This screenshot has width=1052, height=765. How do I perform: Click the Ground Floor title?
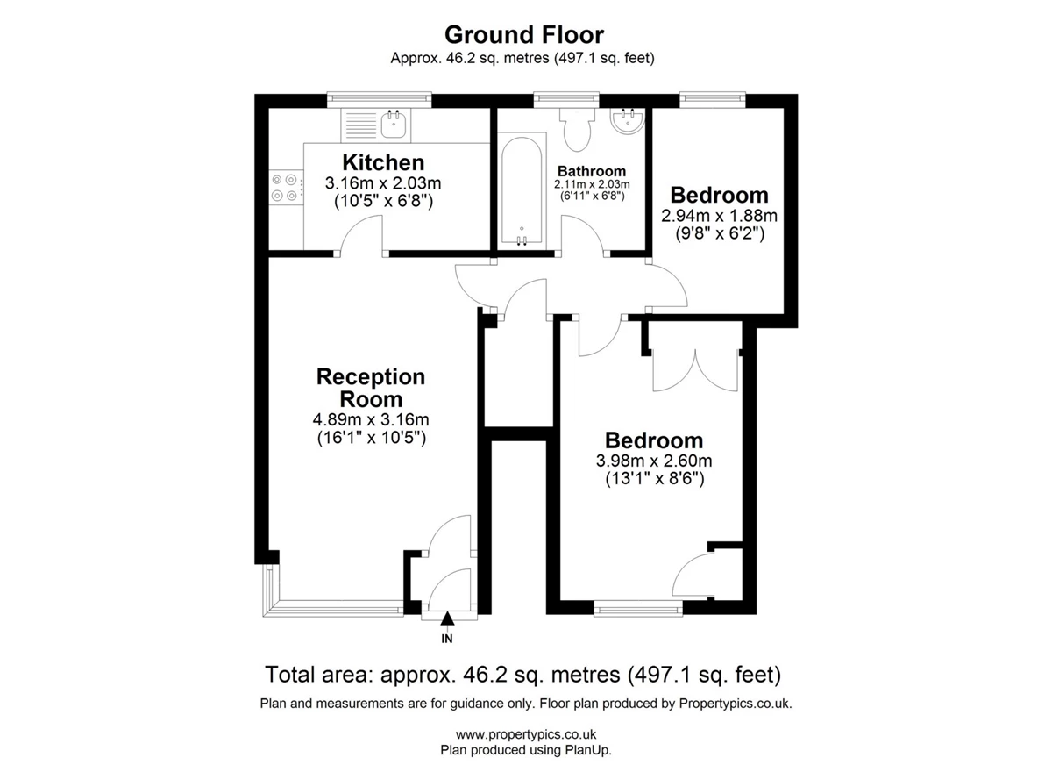pos(524,35)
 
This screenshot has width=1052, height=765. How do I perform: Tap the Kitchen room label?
pos(383,162)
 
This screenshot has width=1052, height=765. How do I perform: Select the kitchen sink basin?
pos(393,124)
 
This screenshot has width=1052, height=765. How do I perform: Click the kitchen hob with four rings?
pos(285,187)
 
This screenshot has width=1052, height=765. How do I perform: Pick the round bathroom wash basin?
pos(628,120)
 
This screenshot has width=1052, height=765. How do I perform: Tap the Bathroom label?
pos(591,171)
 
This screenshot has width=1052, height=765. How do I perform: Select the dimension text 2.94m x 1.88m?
pos(719,216)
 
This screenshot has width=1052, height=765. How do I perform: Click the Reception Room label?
pos(371,388)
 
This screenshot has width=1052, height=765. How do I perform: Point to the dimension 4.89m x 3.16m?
pos(371,418)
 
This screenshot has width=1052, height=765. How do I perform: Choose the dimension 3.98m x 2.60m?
pos(654,460)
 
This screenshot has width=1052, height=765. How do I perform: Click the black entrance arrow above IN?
pos(447,618)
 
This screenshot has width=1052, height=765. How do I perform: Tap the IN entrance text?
pos(447,639)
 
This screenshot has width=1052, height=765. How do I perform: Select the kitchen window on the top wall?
pos(379,98)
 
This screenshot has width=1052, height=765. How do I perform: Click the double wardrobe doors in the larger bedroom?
pos(695,371)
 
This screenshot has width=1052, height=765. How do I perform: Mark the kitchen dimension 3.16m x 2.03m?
pos(383,182)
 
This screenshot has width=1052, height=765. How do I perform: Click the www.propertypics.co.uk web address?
pos(526,734)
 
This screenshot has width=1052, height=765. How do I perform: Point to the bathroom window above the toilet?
pos(566,98)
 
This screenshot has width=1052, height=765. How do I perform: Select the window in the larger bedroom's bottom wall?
pos(638,611)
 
